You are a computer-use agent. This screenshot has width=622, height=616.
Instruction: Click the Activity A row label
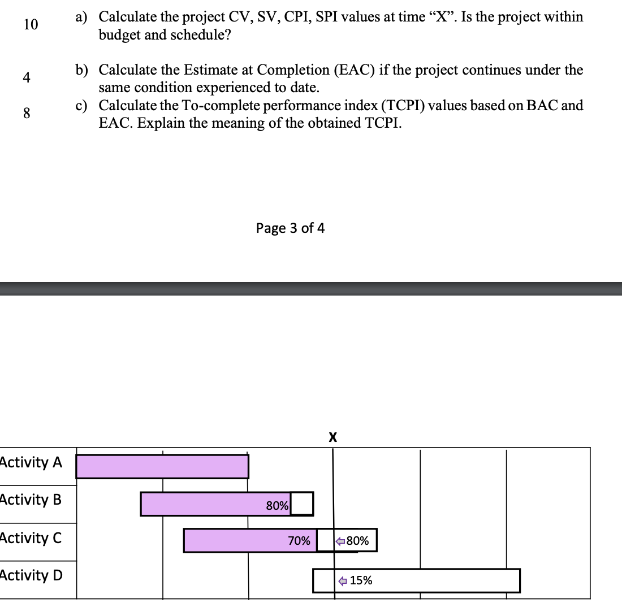(x=31, y=462)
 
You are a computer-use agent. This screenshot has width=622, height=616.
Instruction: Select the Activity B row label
(x=31, y=500)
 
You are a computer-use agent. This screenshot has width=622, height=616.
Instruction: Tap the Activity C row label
(x=31, y=537)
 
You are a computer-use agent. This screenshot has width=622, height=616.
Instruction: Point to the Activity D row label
(x=32, y=575)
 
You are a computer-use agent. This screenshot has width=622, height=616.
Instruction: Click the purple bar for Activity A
(x=162, y=466)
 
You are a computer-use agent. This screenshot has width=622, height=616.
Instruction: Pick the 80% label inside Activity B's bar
(x=277, y=506)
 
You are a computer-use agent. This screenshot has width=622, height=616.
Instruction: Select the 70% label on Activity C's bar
(x=299, y=541)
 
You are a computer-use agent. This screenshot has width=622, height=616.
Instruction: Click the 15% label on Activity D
(x=361, y=580)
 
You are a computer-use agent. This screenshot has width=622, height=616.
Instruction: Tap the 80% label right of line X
(x=357, y=541)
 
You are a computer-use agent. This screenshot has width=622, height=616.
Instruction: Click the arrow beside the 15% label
(x=343, y=580)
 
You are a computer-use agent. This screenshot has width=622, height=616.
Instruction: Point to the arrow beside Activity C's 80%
(x=340, y=541)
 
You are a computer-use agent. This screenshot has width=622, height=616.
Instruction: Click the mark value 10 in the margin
(x=31, y=24)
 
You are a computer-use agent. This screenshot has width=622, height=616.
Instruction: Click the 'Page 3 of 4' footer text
(x=290, y=228)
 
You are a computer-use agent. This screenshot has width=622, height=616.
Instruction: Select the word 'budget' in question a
(x=119, y=34)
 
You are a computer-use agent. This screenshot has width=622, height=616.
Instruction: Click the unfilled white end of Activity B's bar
(x=301, y=504)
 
